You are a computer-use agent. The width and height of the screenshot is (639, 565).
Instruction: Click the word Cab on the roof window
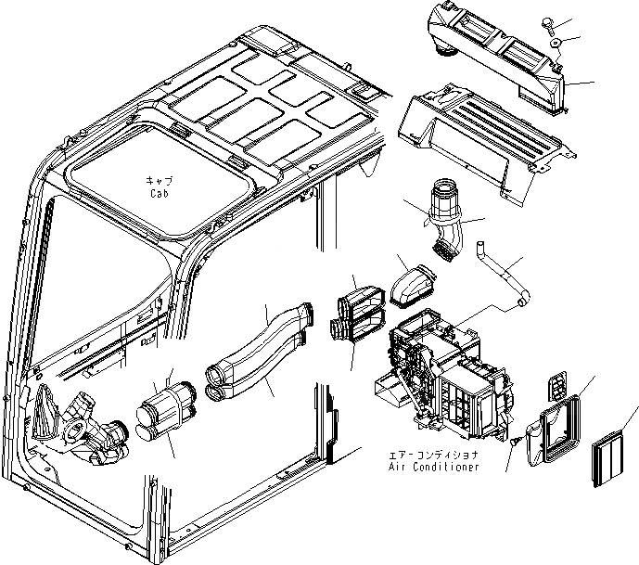(x=157, y=195)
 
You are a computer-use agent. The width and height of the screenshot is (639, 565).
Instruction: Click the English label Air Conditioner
(x=435, y=467)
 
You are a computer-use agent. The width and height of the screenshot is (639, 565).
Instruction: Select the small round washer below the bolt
(x=555, y=44)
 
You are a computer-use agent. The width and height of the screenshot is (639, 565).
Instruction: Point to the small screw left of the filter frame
(x=510, y=444)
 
